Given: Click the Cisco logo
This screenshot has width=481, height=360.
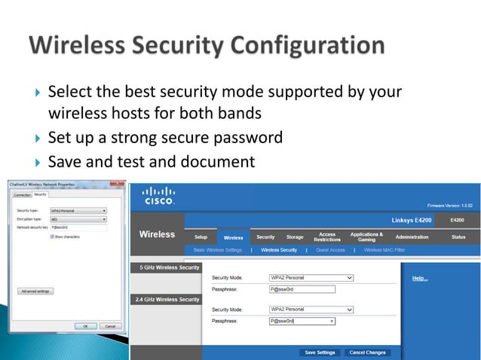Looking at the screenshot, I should pos(158,196).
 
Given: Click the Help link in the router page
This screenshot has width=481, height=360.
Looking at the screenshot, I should pos(419,279).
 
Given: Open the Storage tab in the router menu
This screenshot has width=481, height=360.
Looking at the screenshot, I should pos(294,236).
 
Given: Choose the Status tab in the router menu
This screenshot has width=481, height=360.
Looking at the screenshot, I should pos(458,236).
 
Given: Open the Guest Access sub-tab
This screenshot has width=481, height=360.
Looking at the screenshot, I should pos(330,250).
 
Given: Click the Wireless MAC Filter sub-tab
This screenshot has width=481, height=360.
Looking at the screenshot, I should pos(384,250).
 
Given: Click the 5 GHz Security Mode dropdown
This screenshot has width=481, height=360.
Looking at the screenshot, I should pos(311,278).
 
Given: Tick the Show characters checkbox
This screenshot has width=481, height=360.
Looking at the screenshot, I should pos(51,236).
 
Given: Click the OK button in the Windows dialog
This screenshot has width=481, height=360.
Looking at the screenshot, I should pos(85,326).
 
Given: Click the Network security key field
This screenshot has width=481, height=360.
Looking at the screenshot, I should pos(78,227).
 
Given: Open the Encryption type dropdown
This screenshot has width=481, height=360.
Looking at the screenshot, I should pos(78,218).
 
